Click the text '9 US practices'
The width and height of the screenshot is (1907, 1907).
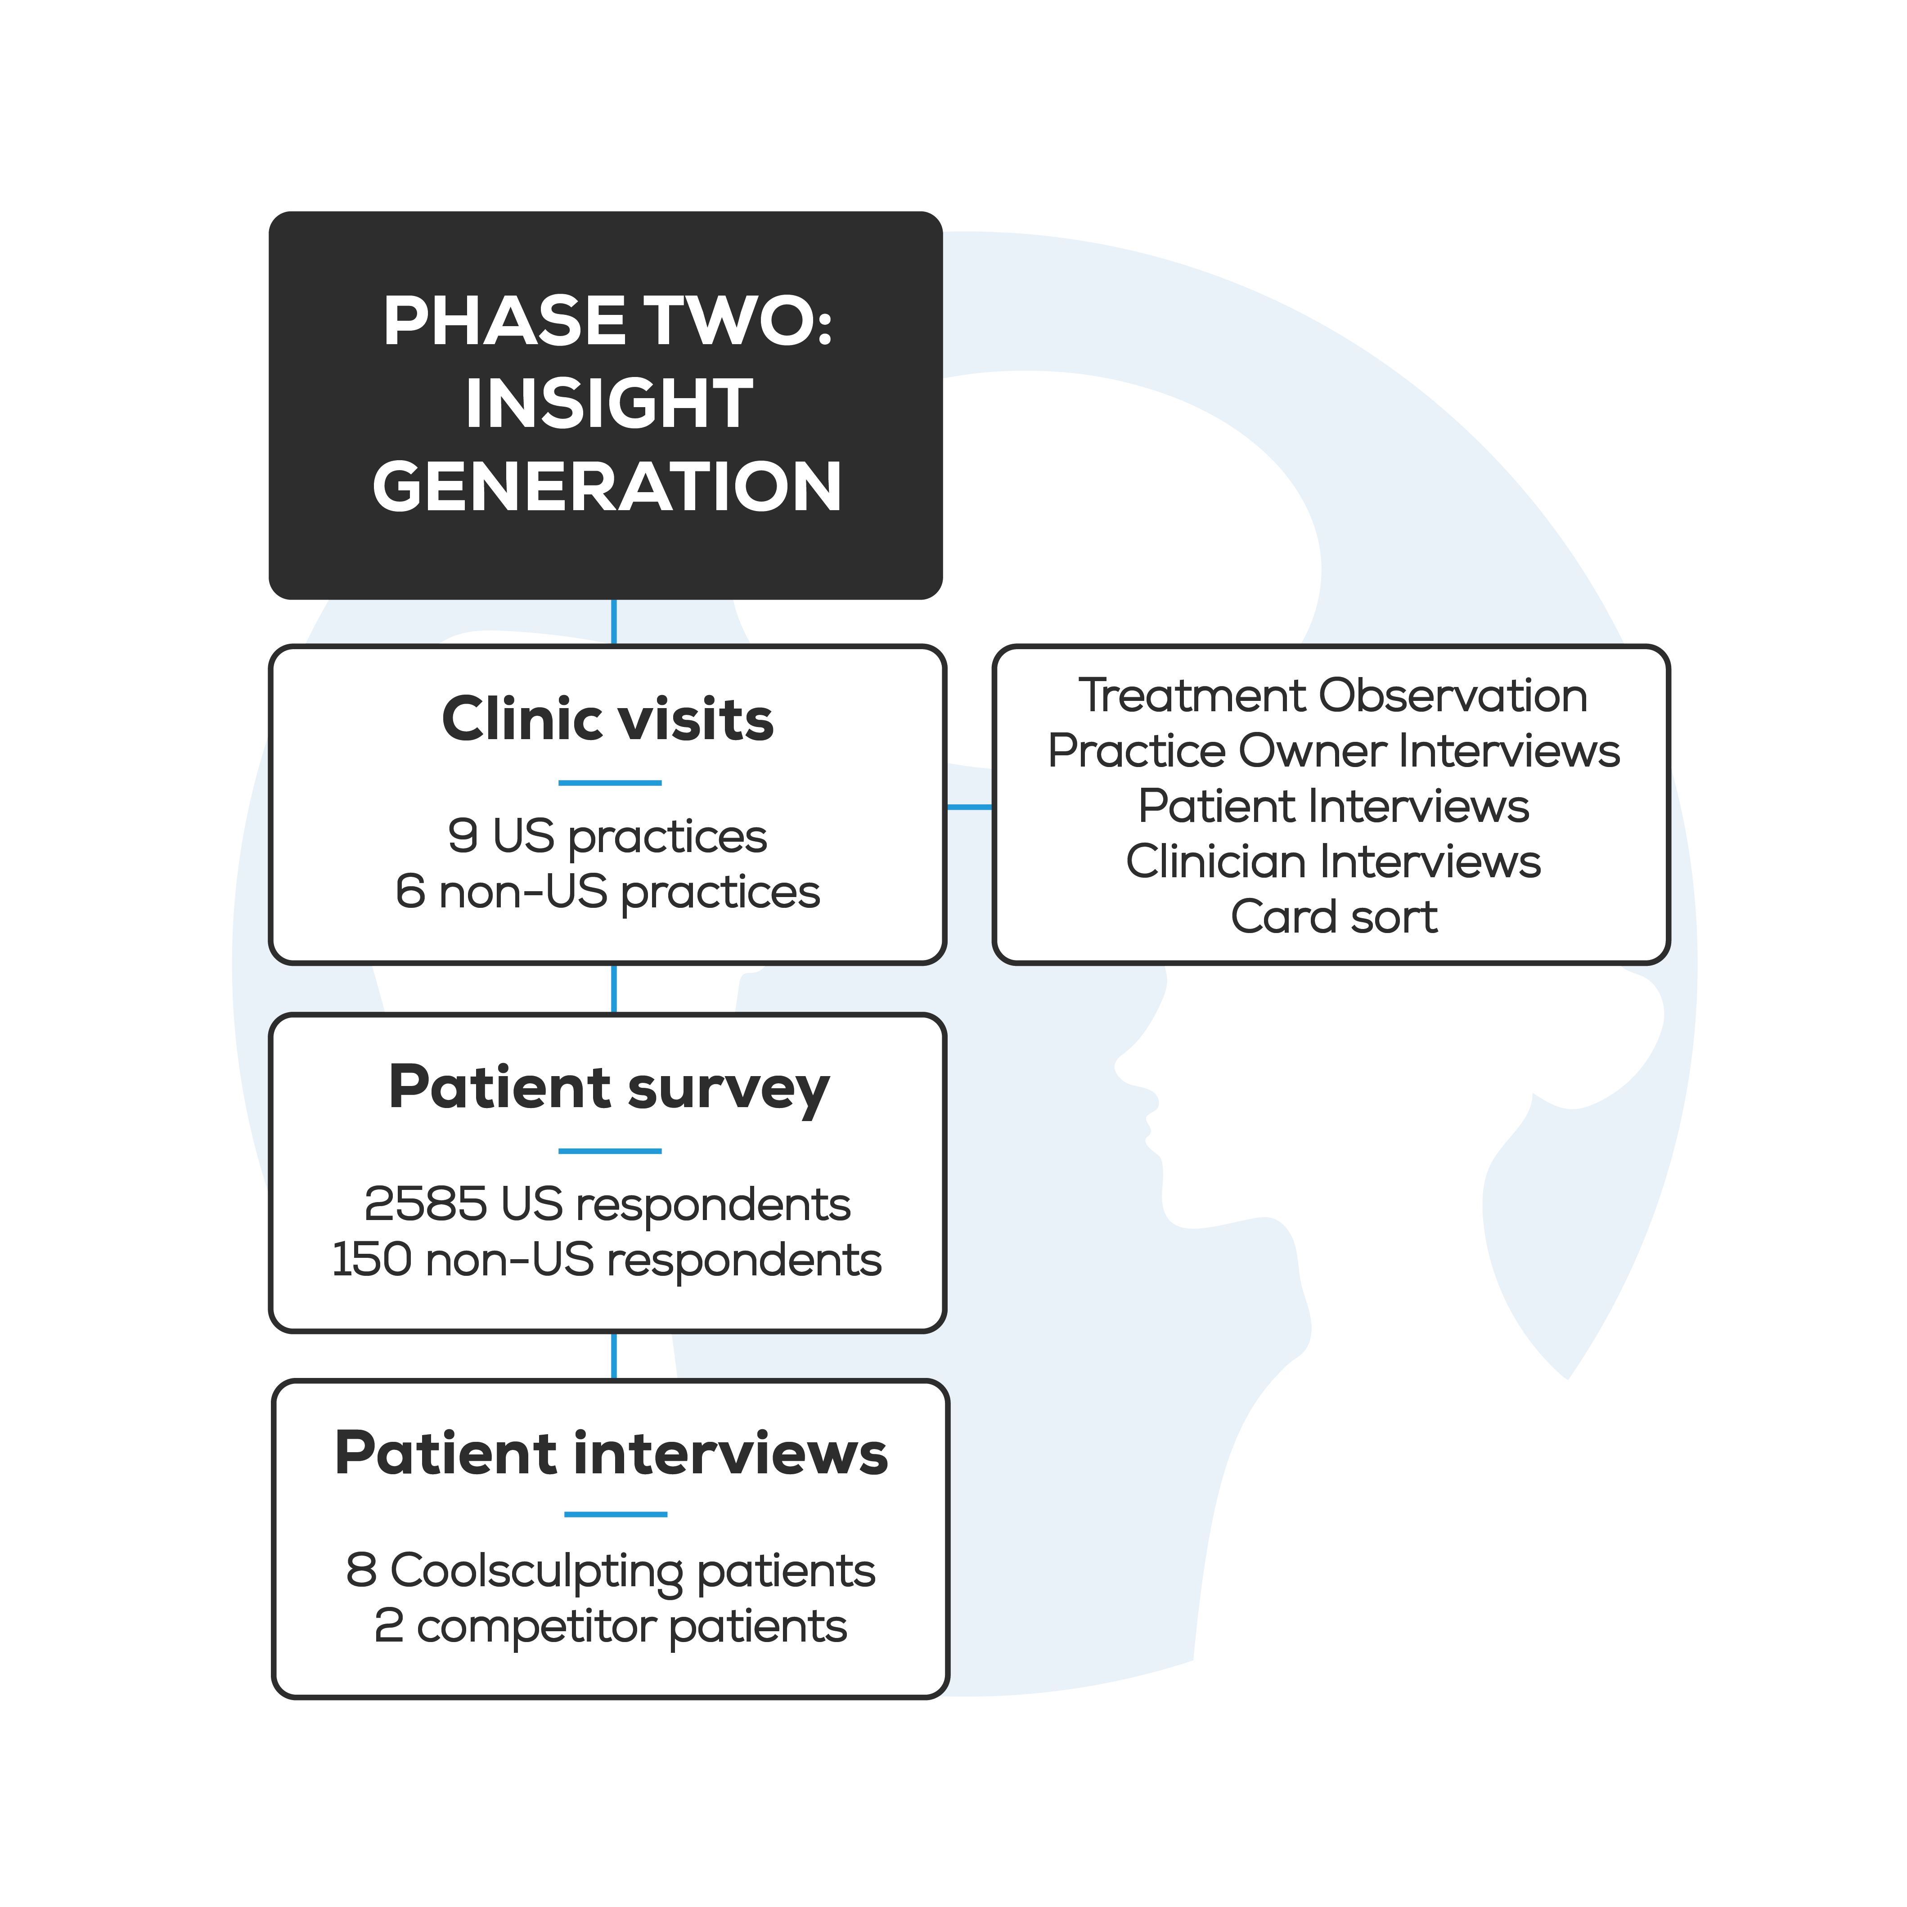tap(607, 836)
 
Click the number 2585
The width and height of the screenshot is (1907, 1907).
tap(425, 1204)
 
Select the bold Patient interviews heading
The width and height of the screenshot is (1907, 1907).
tap(611, 1454)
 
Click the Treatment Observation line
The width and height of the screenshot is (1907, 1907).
tap(1332, 696)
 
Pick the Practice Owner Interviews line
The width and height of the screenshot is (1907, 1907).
tap(1334, 751)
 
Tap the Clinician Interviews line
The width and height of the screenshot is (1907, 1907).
tap(1334, 862)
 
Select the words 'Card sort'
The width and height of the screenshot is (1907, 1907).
tap(1334, 917)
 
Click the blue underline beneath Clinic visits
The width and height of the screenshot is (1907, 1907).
tap(610, 783)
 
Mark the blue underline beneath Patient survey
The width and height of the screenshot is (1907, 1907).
tap(610, 1151)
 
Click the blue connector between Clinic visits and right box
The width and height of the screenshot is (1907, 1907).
tap(969, 808)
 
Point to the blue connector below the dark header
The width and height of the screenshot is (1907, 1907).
tap(614, 622)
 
